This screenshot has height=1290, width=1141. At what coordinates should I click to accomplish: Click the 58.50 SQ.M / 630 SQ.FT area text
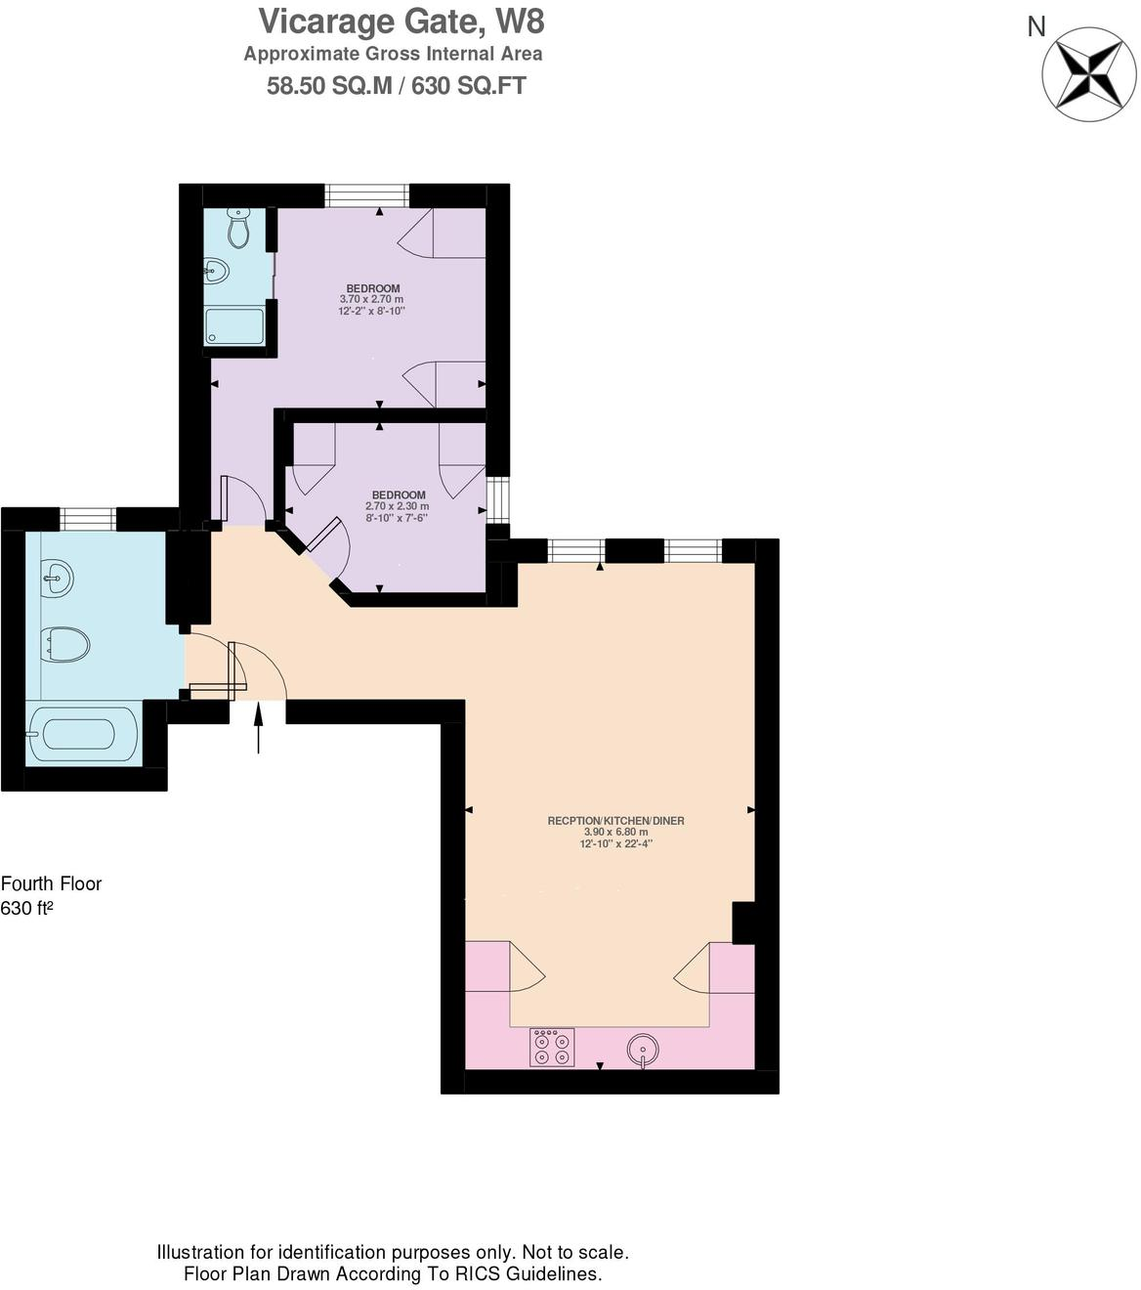point(396,86)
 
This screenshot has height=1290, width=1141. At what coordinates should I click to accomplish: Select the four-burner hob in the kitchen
point(551,1048)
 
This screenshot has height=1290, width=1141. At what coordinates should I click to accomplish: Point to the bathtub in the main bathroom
point(83,734)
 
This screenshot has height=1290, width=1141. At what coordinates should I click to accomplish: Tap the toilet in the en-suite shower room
point(238,229)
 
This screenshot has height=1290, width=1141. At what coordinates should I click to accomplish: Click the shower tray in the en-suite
point(234,326)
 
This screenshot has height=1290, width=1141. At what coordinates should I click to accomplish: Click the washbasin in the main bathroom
point(58,578)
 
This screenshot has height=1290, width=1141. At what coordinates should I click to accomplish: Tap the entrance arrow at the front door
point(258,728)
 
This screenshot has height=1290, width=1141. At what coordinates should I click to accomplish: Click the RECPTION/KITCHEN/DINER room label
point(615,821)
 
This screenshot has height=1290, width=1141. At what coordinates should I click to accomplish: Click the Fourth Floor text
point(51,883)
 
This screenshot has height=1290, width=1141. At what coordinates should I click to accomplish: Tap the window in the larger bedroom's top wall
point(366,195)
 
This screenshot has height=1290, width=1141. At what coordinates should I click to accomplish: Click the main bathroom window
point(88,519)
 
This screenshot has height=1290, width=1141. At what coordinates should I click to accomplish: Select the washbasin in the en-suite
point(216,271)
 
